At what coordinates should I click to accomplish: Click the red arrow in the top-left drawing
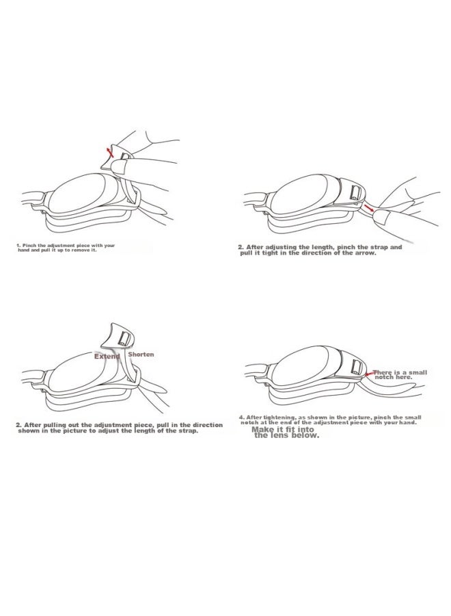111,153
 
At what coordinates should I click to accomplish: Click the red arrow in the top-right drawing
368,207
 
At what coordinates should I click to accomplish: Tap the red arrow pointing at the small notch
370,374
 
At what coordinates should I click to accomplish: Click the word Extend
107,357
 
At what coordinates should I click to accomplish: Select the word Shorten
141,355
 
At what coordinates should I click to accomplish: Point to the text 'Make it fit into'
283,429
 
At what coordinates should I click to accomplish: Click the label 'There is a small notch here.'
400,374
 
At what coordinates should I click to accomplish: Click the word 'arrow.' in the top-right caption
365,253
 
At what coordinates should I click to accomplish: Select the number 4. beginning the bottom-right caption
242,418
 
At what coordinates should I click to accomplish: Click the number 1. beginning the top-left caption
18,246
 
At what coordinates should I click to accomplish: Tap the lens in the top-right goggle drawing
299,194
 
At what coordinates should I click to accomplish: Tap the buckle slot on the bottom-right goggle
357,366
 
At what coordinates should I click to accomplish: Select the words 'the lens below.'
287,435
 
